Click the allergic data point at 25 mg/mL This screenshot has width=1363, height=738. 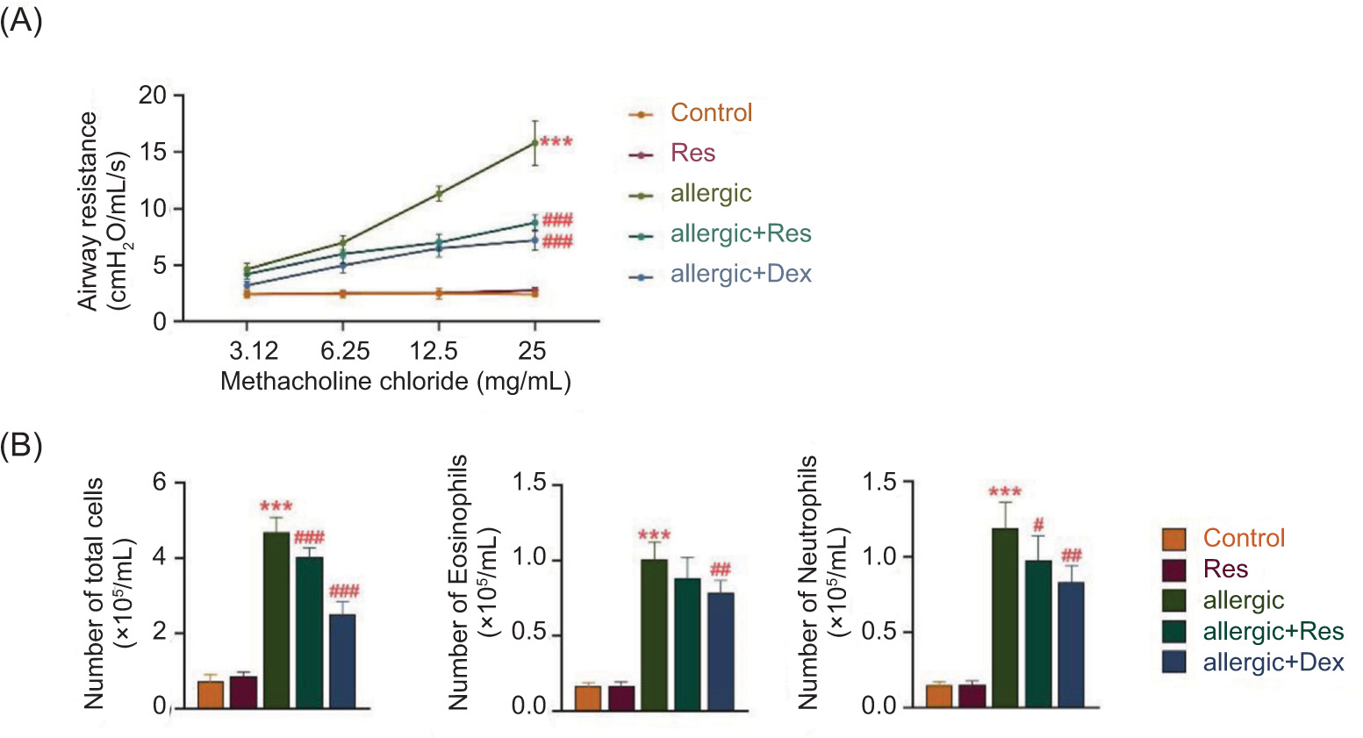(x=534, y=142)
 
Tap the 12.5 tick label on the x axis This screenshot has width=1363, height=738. (x=434, y=352)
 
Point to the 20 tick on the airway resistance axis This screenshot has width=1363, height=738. (x=153, y=95)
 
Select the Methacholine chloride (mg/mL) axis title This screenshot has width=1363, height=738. (x=395, y=382)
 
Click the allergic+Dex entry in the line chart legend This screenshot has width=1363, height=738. (x=740, y=274)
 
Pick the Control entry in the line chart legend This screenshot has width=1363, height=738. (x=711, y=113)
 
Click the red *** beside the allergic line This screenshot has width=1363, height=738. (x=556, y=142)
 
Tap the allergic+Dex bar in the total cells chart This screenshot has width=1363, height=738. (x=342, y=660)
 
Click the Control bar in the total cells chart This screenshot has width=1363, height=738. (x=211, y=694)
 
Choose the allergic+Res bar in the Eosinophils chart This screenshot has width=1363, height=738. (x=686, y=642)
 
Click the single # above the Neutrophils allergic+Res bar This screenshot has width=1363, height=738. (x=1038, y=525)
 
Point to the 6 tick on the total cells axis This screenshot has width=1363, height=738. (x=160, y=483)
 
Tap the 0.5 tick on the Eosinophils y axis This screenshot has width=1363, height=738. (x=529, y=634)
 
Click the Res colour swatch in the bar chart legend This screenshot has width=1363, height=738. (x=1173, y=570)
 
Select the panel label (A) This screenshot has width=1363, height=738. (x=21, y=19)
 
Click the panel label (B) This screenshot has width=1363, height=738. (x=21, y=446)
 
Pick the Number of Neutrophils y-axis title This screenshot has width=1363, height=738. (x=808, y=583)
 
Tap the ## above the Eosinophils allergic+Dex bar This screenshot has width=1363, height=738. (x=721, y=570)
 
